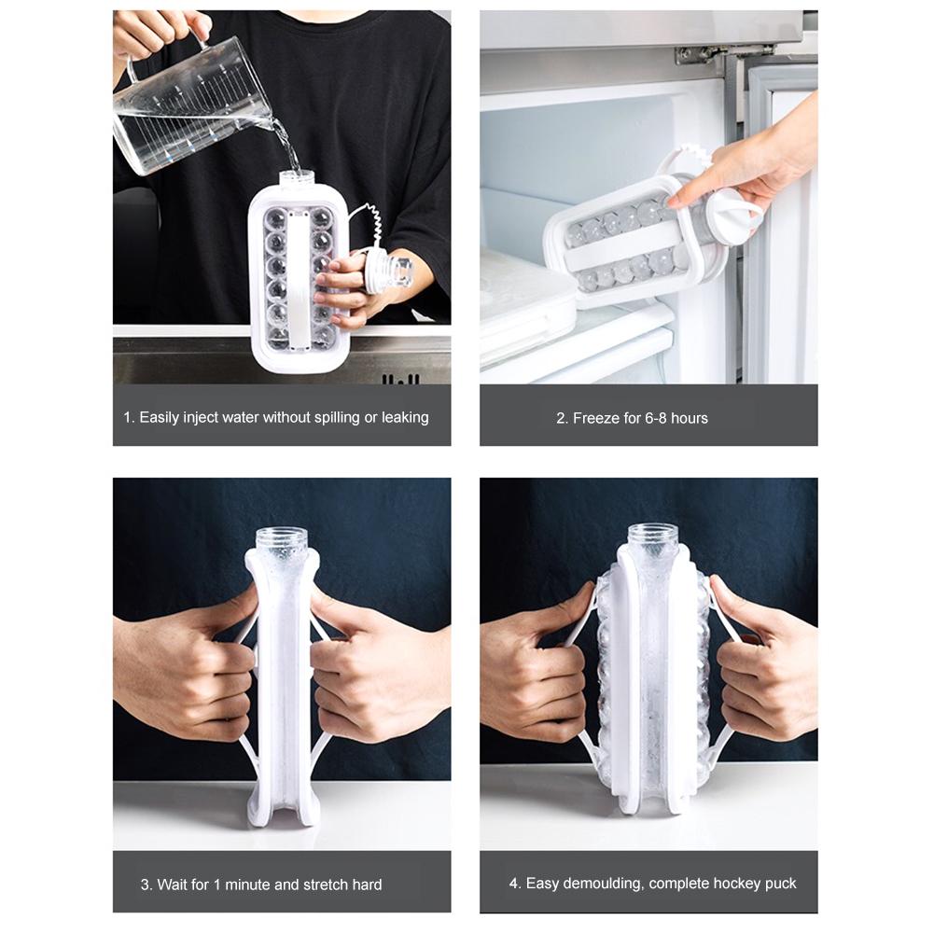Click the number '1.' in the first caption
pos(129,417)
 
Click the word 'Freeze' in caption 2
pos(594,418)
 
